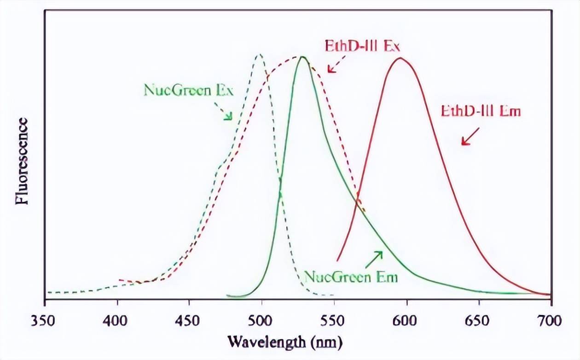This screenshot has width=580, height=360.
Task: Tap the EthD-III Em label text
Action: [481, 111]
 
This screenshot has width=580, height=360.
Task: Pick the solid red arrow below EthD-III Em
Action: [470, 137]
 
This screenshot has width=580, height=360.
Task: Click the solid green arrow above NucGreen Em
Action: [373, 260]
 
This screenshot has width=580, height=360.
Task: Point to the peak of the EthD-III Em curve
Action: [400, 58]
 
